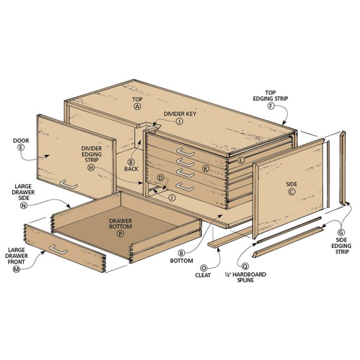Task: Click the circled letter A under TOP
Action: [x=137, y=106]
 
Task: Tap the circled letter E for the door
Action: [x=21, y=148]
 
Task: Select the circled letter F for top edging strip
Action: [x=271, y=106]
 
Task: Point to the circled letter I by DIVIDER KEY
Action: [x=179, y=121]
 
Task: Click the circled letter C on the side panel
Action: [x=292, y=191]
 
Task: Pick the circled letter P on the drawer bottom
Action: [x=120, y=233]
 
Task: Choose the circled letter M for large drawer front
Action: [x=16, y=269]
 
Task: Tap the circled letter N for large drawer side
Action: [x=24, y=206]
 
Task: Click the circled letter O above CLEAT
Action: [x=204, y=268]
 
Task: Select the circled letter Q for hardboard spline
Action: [x=245, y=266]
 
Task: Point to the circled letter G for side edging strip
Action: [x=341, y=232]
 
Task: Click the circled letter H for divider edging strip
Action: [x=91, y=168]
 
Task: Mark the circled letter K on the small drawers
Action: [x=206, y=169]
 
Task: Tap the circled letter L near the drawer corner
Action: [x=241, y=160]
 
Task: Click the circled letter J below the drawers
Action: [x=172, y=197]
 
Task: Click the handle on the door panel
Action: [x=68, y=184]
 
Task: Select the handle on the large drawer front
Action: [x=58, y=249]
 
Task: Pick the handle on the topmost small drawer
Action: [x=186, y=152]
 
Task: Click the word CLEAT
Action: [x=203, y=275]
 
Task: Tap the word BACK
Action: [x=131, y=169]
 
